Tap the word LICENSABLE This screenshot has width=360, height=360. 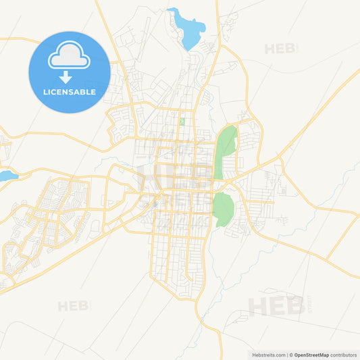(69, 92)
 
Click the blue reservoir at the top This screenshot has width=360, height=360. (190, 30)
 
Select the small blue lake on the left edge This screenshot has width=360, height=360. (6, 176)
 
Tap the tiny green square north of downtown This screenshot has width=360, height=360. (182, 122)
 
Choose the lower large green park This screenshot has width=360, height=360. (222, 209)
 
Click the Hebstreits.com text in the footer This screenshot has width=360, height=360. (268, 355)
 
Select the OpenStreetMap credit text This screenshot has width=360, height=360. (311, 355)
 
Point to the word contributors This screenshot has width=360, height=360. (343, 355)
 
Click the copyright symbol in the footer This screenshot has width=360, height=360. (290, 355)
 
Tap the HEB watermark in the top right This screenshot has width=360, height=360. (280, 49)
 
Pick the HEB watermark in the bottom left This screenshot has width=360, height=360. (73, 306)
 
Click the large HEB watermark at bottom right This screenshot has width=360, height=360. (276, 306)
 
